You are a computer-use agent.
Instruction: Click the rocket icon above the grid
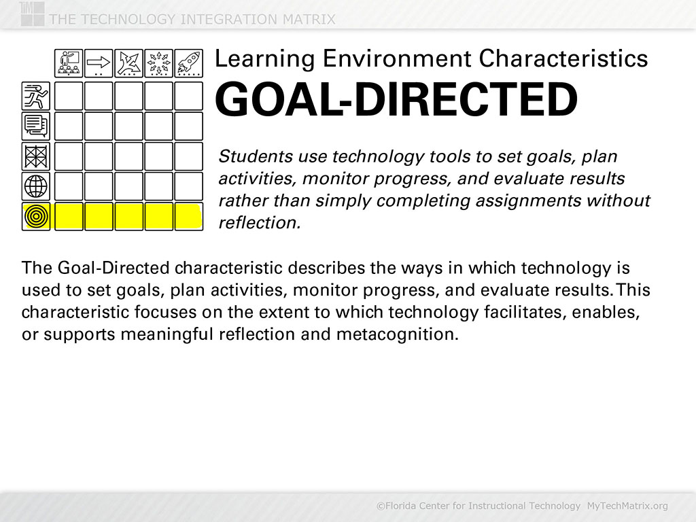click(x=189, y=63)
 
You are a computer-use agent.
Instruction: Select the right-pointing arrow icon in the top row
click(x=99, y=63)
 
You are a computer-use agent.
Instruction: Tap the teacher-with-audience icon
click(x=69, y=63)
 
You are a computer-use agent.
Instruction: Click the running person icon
click(x=36, y=96)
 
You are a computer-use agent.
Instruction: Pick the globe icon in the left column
click(x=36, y=186)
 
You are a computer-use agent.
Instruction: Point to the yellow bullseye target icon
click(x=36, y=216)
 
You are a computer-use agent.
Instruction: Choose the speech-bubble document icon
click(x=36, y=126)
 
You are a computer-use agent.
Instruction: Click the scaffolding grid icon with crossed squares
click(x=36, y=156)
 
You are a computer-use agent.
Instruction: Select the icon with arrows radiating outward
click(x=158, y=63)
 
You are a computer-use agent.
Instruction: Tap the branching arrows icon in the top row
click(x=128, y=63)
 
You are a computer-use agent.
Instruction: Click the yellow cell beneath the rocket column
click(x=189, y=216)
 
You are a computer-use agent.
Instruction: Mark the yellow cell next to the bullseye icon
click(x=69, y=216)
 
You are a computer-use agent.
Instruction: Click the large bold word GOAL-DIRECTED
click(x=396, y=99)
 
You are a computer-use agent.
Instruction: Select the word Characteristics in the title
click(x=563, y=58)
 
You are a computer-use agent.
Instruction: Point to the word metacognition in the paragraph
click(x=397, y=334)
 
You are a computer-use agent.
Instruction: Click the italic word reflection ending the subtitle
click(x=259, y=222)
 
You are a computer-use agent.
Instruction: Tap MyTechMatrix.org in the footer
click(x=627, y=506)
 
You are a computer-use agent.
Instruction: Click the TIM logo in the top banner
click(x=32, y=14)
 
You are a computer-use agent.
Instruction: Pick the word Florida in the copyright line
click(x=402, y=506)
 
